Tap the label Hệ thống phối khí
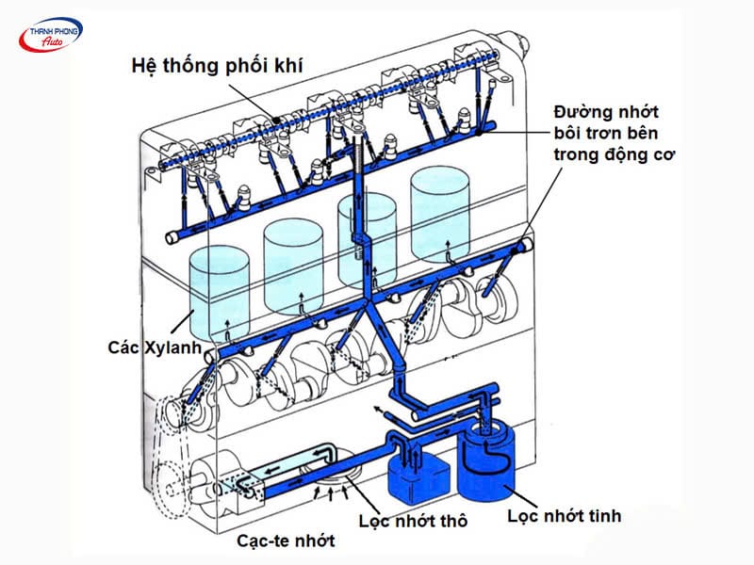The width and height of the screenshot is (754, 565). pos(209,67)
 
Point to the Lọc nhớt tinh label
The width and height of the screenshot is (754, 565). pos(564,516)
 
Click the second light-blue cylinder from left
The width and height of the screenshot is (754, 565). pos(295,264)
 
